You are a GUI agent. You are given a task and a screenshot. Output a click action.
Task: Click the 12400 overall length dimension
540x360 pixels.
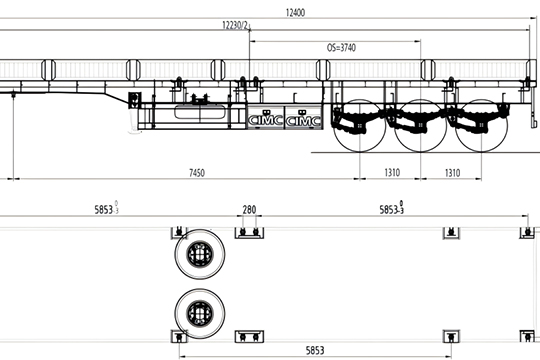tap(295, 13)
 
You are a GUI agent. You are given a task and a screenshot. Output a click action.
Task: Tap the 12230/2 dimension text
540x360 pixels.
tap(235, 25)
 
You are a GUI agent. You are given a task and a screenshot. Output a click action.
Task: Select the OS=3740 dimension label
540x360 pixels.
tap(341, 48)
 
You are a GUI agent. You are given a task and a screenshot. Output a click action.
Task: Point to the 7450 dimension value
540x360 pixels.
tap(197, 173)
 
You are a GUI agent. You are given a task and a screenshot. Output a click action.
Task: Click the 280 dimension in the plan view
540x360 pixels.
tap(249, 209)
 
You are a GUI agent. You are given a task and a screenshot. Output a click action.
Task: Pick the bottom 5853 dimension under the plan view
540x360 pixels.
tap(315, 351)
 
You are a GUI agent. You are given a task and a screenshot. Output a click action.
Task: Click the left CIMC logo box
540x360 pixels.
tap(266, 117)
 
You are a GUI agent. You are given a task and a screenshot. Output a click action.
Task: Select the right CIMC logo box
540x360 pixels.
tap(303, 117)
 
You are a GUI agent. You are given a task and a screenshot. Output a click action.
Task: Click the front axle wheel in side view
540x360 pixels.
tap(360, 126)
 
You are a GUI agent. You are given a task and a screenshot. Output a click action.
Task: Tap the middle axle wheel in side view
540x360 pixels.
tap(420, 126)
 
